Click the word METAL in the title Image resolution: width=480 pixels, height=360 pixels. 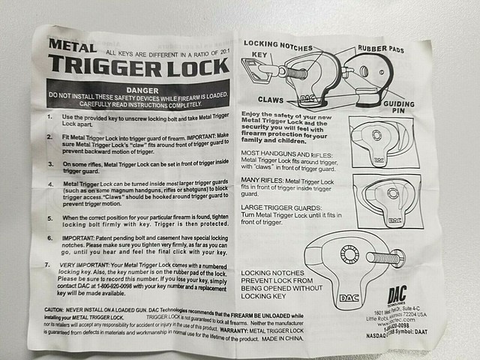73,45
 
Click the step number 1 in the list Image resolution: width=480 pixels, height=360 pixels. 49,117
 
